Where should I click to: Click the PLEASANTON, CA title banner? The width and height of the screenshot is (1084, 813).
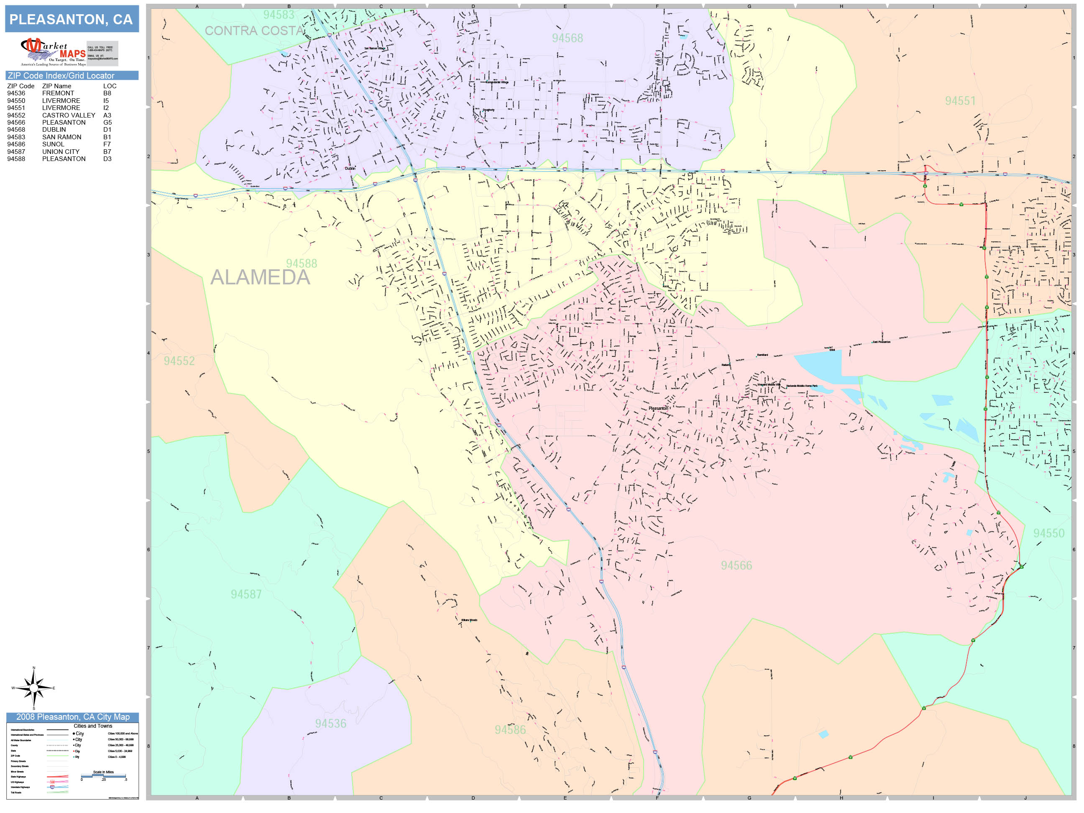tap(72, 20)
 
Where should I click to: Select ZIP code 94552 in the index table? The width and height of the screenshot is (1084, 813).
tap(16, 115)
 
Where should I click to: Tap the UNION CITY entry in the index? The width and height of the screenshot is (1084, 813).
tap(61, 151)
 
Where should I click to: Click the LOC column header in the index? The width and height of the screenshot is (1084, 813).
tap(110, 86)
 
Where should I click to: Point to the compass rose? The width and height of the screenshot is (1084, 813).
tap(33, 688)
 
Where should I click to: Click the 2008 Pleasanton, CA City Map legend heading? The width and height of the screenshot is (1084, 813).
tap(72, 717)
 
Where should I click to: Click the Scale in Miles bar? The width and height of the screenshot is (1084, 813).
tap(103, 776)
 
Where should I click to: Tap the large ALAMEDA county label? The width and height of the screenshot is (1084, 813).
tap(260, 277)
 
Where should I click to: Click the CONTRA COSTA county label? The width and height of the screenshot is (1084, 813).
tap(254, 31)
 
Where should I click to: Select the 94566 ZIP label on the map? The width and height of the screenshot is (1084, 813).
tap(736, 565)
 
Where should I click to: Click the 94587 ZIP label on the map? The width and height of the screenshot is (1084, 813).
tap(246, 594)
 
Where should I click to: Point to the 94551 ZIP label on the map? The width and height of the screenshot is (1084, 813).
tap(960, 101)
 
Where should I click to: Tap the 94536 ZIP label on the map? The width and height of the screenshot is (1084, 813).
tap(330, 724)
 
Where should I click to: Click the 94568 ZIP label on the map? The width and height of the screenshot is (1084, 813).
tap(568, 38)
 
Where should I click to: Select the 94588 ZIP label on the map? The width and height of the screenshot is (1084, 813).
tap(302, 263)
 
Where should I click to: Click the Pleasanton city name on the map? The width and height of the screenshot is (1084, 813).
tap(658, 408)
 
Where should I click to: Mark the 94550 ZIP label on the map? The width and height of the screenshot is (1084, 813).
tap(1049, 533)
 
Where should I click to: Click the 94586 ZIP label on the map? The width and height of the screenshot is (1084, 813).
tap(510, 730)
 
